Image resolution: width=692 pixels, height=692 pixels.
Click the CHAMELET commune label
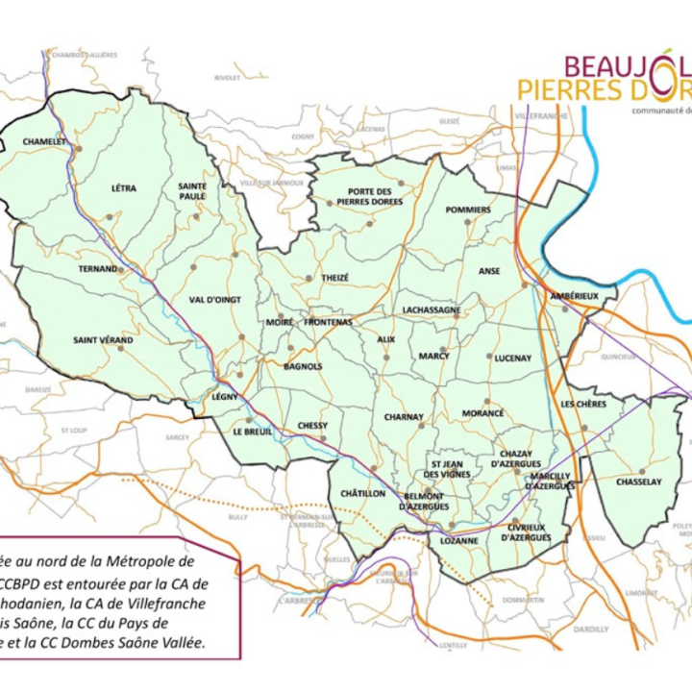43,141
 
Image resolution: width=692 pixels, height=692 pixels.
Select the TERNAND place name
97,269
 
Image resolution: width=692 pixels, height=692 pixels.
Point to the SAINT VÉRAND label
103,340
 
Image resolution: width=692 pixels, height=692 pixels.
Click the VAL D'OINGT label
214,300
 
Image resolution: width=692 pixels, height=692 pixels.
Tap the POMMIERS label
468,210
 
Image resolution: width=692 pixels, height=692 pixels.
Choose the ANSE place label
489,271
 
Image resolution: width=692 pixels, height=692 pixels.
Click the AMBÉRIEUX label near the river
574,296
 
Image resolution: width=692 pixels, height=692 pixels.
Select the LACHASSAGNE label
432,310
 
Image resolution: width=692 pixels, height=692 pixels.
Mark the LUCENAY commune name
512,358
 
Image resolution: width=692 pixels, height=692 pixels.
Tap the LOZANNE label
457,541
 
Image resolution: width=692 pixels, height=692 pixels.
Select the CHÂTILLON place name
362,493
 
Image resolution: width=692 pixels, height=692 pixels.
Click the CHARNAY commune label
404,417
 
